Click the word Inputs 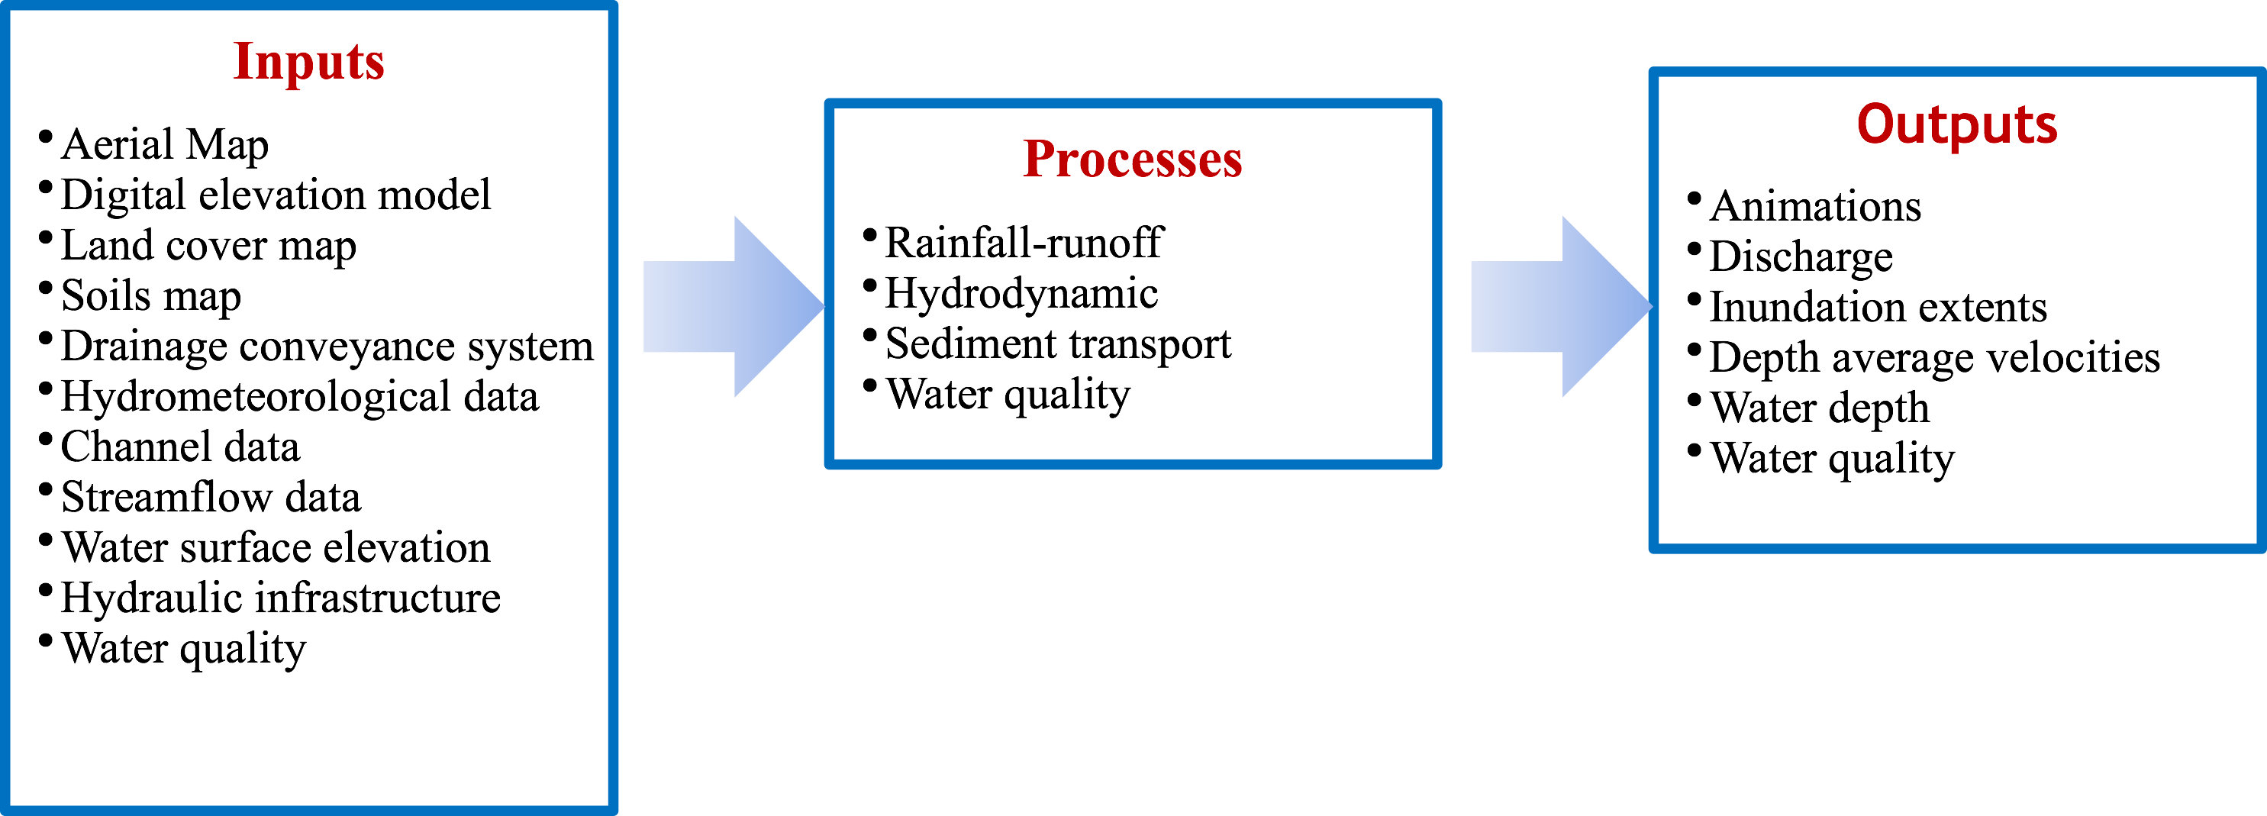308,62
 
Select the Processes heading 1132,160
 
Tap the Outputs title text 1956,124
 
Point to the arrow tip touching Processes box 822,306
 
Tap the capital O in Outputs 1874,124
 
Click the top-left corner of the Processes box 829,104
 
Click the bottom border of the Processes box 1132,464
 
